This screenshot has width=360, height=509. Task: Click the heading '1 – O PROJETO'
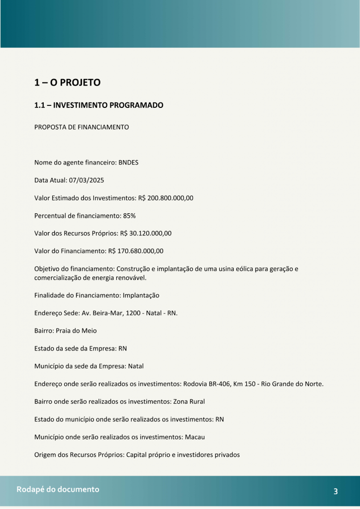pyautogui.click(x=67, y=83)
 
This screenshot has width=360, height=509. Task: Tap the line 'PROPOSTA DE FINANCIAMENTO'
pyautogui.click(x=82, y=127)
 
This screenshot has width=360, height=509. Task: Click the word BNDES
pyautogui.click(x=128, y=163)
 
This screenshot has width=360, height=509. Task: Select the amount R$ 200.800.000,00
pyautogui.click(x=165, y=198)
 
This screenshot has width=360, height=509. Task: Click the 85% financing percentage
pyautogui.click(x=129, y=216)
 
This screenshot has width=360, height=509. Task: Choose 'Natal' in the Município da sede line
pyautogui.click(x=136, y=366)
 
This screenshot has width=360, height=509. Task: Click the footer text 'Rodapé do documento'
pyautogui.click(x=58, y=490)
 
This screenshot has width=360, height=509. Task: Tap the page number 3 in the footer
pyautogui.click(x=336, y=492)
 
